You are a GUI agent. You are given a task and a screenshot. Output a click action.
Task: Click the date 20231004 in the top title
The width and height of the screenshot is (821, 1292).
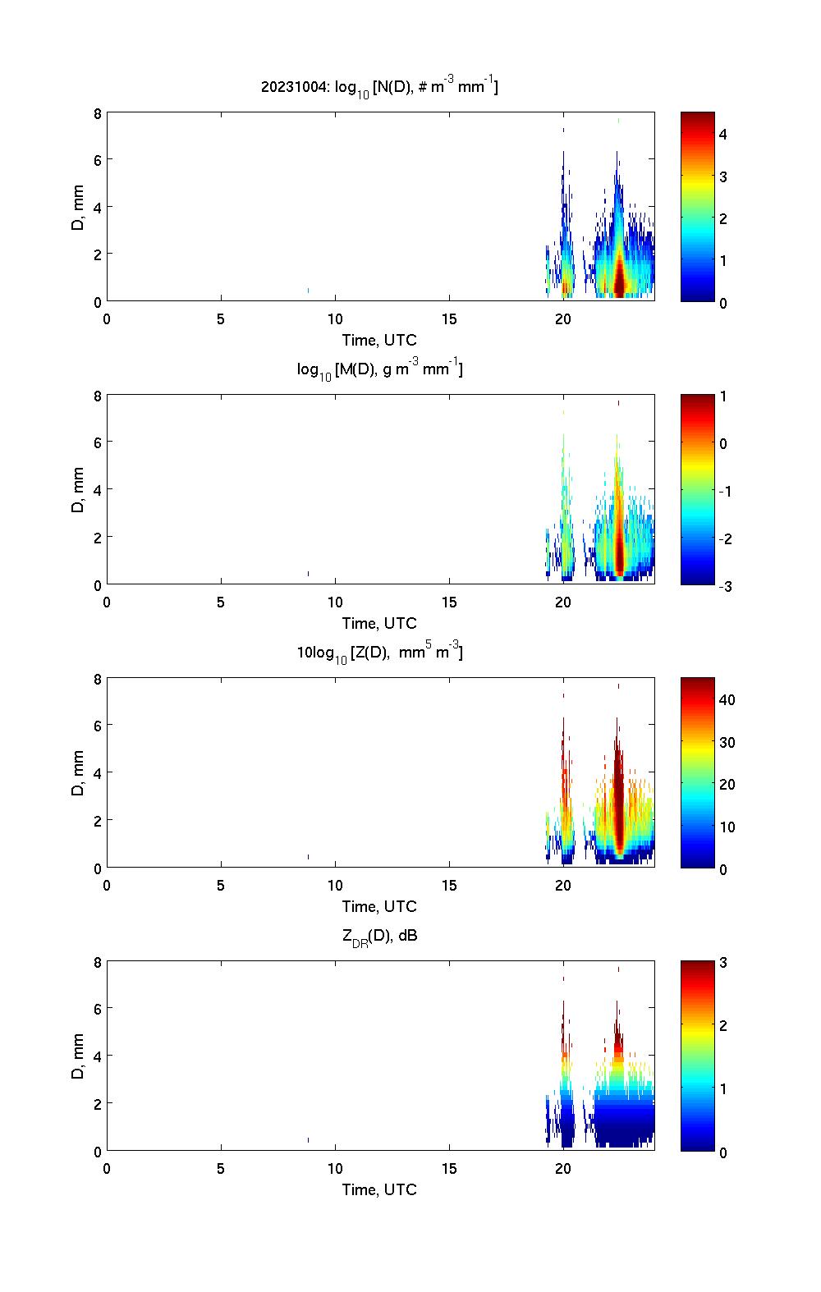290,86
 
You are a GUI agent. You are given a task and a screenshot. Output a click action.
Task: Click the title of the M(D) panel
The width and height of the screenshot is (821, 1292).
379,369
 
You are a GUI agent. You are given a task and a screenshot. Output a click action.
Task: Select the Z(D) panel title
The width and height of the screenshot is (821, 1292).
379,653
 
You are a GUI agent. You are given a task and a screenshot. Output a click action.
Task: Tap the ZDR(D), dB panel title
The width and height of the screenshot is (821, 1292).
379,936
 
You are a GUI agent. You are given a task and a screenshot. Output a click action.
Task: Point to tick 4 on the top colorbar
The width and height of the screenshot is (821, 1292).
723,134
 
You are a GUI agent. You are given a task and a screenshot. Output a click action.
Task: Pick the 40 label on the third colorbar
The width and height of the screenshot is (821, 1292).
727,699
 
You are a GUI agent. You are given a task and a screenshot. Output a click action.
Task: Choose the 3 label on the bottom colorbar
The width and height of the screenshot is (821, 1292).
723,963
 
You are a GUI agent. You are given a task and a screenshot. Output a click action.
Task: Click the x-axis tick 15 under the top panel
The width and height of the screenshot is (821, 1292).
448,319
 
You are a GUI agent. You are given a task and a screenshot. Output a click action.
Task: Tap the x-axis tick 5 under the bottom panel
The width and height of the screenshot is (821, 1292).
221,1169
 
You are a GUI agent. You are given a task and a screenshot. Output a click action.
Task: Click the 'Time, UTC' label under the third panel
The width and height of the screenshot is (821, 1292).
379,906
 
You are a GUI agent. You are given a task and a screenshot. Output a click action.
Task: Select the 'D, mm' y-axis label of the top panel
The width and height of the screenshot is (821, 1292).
79,207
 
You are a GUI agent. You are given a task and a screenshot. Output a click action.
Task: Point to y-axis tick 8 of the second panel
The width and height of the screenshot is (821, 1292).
97,396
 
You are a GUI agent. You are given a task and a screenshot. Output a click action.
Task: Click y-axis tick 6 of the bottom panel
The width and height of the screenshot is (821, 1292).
97,1008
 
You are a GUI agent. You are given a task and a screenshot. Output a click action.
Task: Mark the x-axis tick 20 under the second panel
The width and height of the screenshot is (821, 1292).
562,602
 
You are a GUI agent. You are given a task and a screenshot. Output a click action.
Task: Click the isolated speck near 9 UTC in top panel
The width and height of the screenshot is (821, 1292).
308,290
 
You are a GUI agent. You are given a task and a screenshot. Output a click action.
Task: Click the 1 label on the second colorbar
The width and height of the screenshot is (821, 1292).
723,396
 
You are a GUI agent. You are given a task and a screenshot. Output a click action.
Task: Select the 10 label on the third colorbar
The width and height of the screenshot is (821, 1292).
727,827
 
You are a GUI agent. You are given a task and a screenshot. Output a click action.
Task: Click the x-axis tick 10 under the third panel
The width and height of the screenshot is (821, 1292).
335,886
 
